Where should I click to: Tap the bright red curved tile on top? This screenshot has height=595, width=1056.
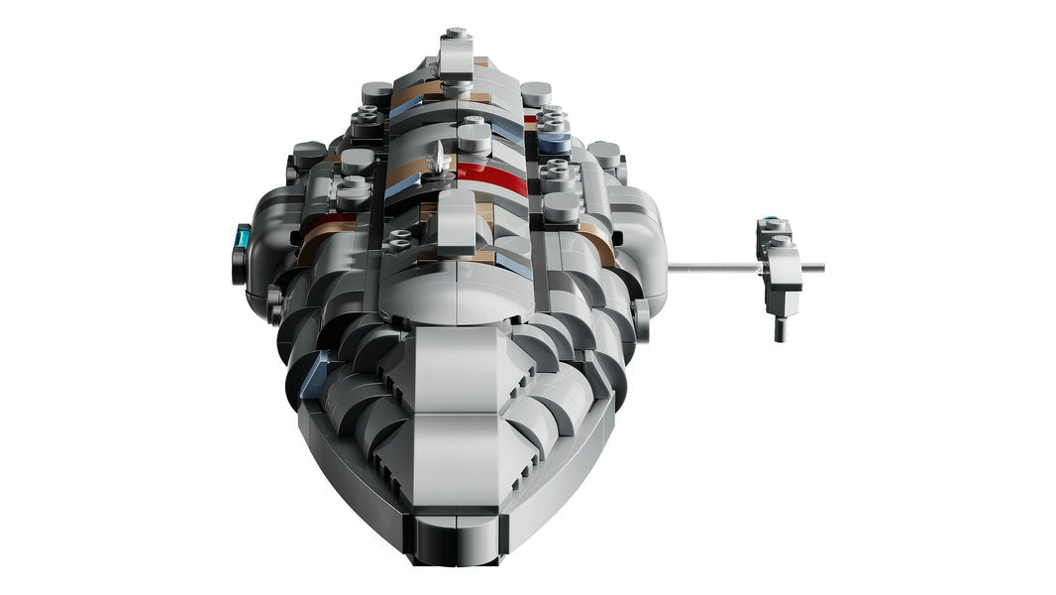[x=492, y=176]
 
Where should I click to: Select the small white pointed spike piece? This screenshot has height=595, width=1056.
[x=438, y=158]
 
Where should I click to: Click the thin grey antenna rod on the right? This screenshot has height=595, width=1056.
[x=713, y=266]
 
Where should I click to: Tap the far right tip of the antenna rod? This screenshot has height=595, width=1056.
[x=821, y=266]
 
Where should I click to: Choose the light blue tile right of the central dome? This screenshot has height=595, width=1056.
[x=513, y=261]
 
